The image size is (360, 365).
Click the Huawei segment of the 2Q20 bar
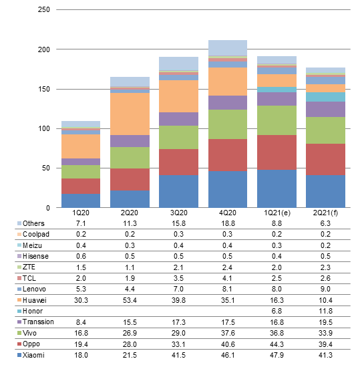point(130,114)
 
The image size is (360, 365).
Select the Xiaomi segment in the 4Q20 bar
point(228,189)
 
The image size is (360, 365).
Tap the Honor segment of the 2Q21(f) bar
point(325,97)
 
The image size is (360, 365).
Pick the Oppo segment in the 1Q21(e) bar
point(277,152)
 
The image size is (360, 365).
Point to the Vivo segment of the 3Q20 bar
point(178,137)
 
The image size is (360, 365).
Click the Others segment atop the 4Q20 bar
point(228,48)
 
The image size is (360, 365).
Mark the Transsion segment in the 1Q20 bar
point(81,162)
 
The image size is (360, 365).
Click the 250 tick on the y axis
point(44,9)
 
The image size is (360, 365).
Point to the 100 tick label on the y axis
point(44,128)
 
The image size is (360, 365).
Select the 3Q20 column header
point(178,213)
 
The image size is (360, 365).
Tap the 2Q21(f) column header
point(325,213)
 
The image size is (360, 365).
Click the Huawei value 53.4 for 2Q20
point(130,300)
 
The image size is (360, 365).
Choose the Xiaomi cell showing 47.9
point(277,355)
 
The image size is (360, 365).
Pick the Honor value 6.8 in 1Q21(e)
point(277,311)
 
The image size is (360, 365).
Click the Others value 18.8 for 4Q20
point(228,223)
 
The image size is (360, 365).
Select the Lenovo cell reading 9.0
point(325,289)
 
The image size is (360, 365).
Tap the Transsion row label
point(38,322)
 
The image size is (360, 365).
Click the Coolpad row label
point(36,234)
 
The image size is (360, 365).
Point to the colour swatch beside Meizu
point(19,245)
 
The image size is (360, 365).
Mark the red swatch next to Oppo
point(19,344)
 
